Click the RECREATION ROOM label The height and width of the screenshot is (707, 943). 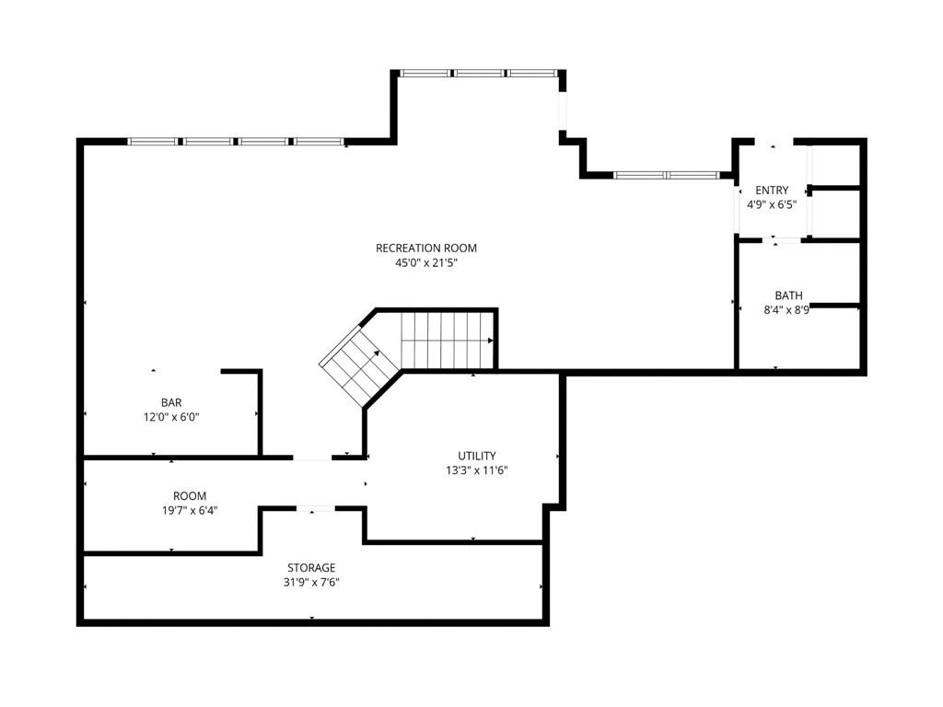click(425, 248)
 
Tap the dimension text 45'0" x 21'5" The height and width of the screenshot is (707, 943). click(425, 262)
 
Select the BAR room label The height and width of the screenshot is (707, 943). click(171, 402)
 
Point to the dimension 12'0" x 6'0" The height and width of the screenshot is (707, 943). click(171, 417)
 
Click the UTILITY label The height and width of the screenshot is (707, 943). click(477, 456)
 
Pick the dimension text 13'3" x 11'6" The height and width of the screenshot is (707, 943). click(477, 470)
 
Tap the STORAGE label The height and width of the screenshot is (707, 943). click(311, 567)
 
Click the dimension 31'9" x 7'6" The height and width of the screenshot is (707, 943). click(311, 582)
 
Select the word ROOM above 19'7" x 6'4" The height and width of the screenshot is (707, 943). click(190, 496)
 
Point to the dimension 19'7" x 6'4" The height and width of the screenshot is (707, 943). click(190, 510)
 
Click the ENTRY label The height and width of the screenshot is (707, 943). click(772, 190)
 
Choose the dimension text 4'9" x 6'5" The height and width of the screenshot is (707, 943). click(772, 204)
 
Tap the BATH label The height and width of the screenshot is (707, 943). click(788, 296)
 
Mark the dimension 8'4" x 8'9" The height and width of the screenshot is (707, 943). click(786, 310)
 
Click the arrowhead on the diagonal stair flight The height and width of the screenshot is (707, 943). click(377, 354)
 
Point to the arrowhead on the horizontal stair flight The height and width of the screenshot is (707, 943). click(491, 341)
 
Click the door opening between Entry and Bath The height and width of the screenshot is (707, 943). click(782, 240)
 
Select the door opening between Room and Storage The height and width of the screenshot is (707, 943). click(316, 508)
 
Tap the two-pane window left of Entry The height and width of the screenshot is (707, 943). click(667, 176)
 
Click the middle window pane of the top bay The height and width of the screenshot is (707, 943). click(479, 74)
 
